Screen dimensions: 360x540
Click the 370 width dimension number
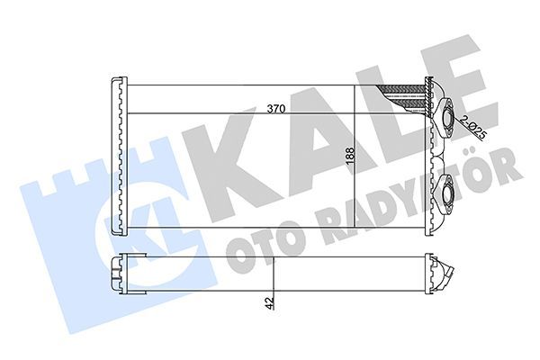276,109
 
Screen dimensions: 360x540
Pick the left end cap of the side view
117,274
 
